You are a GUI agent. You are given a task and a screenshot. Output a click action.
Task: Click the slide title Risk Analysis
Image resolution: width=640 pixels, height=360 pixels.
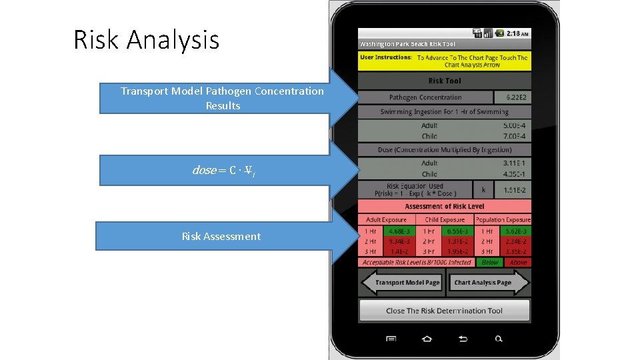(x=146, y=40)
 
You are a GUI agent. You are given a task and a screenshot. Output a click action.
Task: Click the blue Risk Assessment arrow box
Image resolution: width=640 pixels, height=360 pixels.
(x=221, y=236)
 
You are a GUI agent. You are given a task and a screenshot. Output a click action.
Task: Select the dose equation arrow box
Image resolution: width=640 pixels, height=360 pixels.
(x=221, y=170)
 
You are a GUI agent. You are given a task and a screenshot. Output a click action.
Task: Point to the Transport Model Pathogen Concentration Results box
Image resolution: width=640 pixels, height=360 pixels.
(x=221, y=99)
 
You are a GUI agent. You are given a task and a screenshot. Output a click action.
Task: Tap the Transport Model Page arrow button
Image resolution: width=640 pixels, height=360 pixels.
(x=401, y=283)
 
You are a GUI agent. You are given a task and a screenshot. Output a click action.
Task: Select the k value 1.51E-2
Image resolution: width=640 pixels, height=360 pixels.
(x=514, y=190)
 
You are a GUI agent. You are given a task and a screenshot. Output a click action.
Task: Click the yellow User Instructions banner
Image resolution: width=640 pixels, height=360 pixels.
(x=445, y=61)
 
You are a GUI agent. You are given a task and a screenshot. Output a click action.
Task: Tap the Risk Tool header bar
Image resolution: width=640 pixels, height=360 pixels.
(x=445, y=81)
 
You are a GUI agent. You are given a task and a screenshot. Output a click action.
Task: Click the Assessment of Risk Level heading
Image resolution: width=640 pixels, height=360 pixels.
(x=445, y=207)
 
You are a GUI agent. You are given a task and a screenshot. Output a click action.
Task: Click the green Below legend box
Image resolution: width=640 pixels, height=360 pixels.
(x=489, y=263)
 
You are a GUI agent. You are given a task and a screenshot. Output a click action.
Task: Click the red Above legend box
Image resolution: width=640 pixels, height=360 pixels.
(x=518, y=263)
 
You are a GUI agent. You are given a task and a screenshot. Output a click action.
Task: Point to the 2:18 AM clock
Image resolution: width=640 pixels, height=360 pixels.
(x=517, y=33)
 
